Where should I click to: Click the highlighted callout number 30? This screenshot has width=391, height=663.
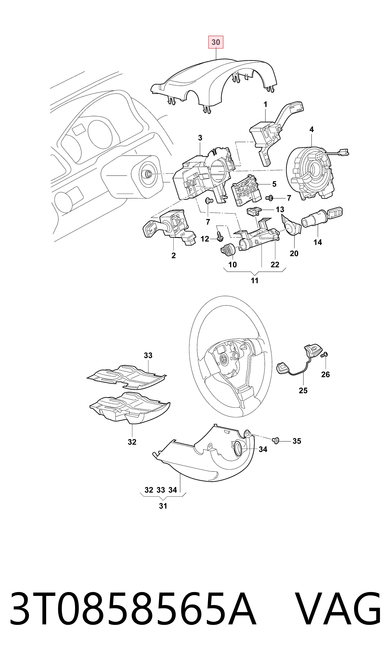point(216,42)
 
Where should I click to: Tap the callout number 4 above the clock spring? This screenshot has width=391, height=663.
point(312,129)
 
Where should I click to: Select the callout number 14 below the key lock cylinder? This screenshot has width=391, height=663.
point(318,242)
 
